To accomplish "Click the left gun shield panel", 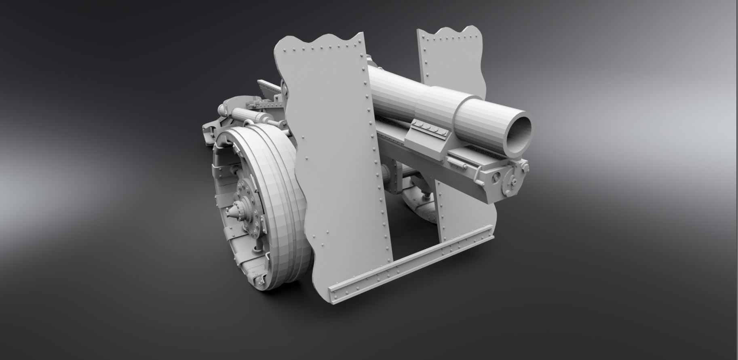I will click(335, 162).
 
